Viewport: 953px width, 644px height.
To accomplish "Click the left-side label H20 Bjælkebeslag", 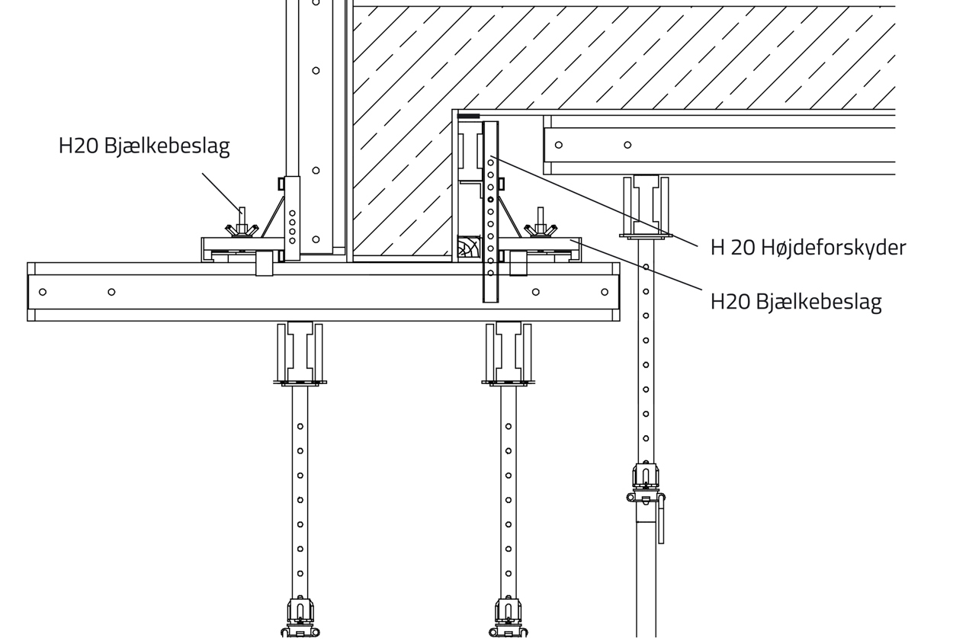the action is click(x=144, y=146).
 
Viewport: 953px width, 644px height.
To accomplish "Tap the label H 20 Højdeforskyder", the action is click(x=808, y=248).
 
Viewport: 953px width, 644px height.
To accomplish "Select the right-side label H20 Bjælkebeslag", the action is click(x=796, y=302).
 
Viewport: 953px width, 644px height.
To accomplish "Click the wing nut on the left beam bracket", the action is click(x=242, y=229).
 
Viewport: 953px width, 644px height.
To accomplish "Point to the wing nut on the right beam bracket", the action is click(x=541, y=229).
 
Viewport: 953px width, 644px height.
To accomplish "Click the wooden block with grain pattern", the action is click(x=469, y=246).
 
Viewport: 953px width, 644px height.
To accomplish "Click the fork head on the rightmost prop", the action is click(x=646, y=207).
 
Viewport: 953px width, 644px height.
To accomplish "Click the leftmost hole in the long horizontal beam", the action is click(x=43, y=292).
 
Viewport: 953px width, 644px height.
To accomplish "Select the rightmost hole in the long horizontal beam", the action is click(x=605, y=292).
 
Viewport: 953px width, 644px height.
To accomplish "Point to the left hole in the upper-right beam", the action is click(x=559, y=145).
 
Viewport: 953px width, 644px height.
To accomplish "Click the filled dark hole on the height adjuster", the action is click(x=490, y=200).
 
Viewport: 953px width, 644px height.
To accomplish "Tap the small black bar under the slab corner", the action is click(x=468, y=116).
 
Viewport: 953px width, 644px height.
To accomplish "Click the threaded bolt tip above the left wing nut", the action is click(x=242, y=210).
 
